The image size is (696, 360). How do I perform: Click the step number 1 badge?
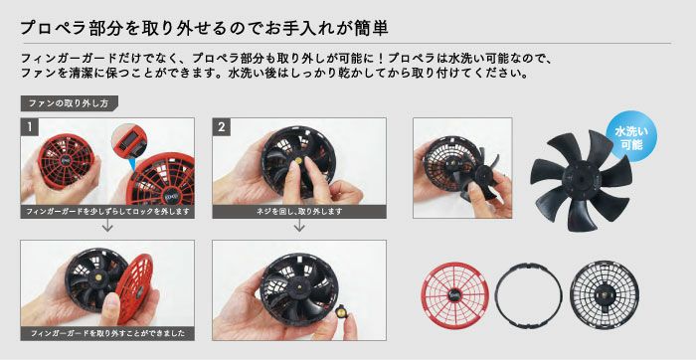pos(31,127)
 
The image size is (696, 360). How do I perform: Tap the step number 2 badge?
pos(222,127)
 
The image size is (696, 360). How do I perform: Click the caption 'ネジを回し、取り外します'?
pos(298,212)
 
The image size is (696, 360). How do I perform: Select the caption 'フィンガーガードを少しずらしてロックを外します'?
pos(107,212)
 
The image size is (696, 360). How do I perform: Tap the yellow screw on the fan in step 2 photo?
pos(295,162)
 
